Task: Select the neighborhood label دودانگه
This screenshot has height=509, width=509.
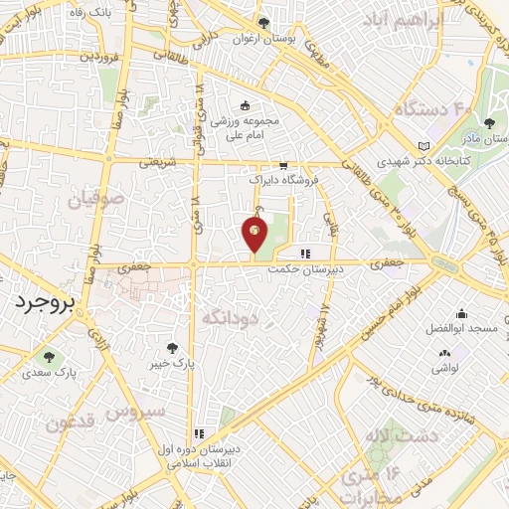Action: point(230,317)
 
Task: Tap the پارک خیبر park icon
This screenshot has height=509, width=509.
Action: point(173,348)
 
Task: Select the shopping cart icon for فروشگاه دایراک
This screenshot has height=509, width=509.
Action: point(284,166)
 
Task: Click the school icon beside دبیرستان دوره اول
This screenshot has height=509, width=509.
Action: point(199,433)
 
